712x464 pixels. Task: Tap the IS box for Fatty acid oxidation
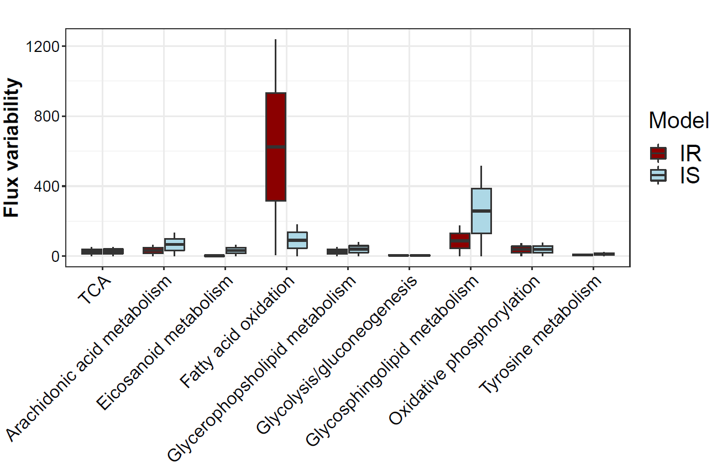pyautogui.click(x=297, y=240)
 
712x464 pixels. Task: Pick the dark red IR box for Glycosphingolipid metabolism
pyautogui.click(x=459, y=241)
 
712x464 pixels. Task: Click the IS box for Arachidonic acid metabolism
pyautogui.click(x=174, y=244)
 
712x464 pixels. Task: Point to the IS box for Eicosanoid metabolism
pyautogui.click(x=235, y=250)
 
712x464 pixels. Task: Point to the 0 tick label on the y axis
pyautogui.click(x=55, y=256)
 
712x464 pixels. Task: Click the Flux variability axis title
pyautogui.click(x=12, y=148)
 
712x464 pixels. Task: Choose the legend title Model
pyautogui.click(x=678, y=120)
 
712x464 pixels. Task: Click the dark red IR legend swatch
pyautogui.click(x=658, y=152)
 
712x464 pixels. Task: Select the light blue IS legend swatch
pyautogui.click(x=658, y=175)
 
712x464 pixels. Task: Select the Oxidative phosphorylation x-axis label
pyautogui.click(x=465, y=350)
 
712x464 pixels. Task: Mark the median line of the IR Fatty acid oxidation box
pyautogui.click(x=275, y=147)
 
